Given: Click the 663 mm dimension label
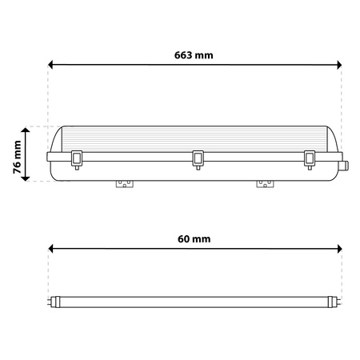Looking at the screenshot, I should [x=194, y=55].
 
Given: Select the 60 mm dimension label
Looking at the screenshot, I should [x=194, y=239].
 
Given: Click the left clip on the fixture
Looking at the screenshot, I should [x=78, y=158].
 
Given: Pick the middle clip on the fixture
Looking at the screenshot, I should [x=196, y=158].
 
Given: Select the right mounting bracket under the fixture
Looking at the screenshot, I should [x=263, y=184].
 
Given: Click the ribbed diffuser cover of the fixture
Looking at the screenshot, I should [x=196, y=138].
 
